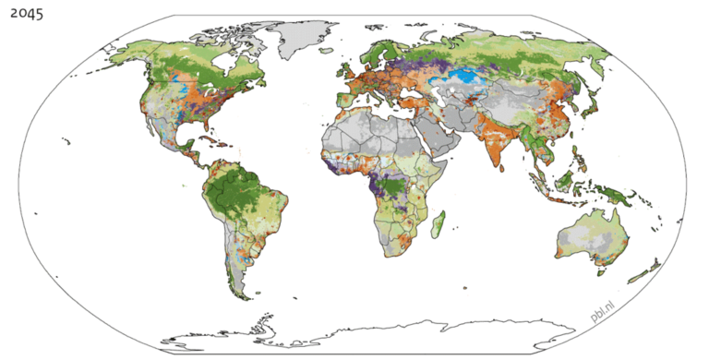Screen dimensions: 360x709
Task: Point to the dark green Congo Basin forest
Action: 392,189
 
